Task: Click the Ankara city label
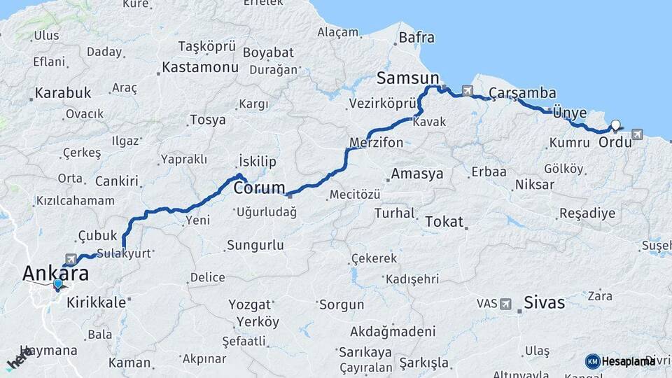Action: coord(55,273)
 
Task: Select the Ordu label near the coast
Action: coord(615,141)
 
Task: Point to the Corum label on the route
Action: coord(259,188)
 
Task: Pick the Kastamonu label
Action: coord(199,68)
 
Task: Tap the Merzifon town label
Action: coord(376,143)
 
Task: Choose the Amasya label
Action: coord(416,174)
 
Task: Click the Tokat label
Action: coord(444,222)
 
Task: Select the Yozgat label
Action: coord(250,304)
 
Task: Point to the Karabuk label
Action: coord(63,92)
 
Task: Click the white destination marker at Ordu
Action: coord(615,126)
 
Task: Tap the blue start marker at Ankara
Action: coord(57,283)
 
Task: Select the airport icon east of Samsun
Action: coord(467,90)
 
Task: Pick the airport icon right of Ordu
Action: coord(637,134)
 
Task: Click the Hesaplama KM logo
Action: coord(619,361)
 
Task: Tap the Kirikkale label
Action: coord(97,302)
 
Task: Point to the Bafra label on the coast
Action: coord(416,38)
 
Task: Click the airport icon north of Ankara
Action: coord(71,260)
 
